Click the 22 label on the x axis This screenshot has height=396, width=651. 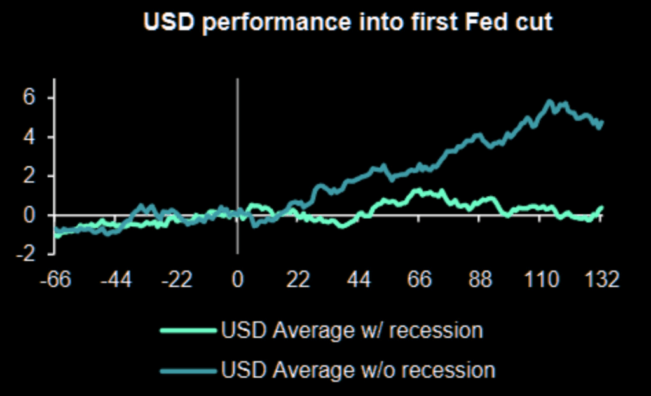pyautogui.click(x=299, y=280)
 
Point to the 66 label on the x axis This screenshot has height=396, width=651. pyautogui.click(x=420, y=280)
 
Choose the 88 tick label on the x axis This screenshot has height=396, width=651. pyautogui.click(x=481, y=280)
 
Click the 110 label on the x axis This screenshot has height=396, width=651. pyautogui.click(x=541, y=280)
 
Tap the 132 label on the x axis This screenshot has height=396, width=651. pyautogui.click(x=600, y=280)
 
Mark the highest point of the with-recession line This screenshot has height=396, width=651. pyautogui.click(x=418, y=189)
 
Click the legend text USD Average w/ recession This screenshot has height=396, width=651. pyautogui.click(x=352, y=331)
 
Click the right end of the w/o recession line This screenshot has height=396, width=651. pyautogui.click(x=601, y=122)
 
